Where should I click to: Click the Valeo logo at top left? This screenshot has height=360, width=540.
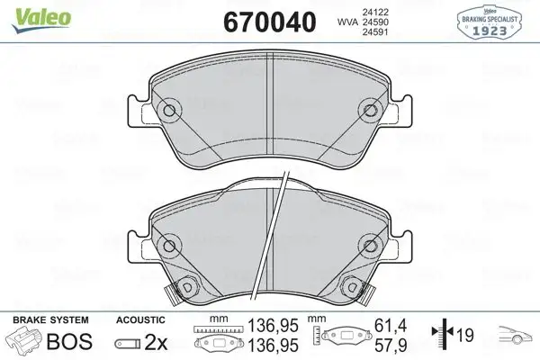click(x=29, y=12)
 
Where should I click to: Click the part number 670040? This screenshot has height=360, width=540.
click(x=259, y=19)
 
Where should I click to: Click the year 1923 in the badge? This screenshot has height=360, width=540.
click(x=492, y=29)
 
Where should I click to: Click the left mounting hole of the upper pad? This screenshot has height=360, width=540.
click(x=166, y=112)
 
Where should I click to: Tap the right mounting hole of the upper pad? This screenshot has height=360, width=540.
click(x=370, y=112)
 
